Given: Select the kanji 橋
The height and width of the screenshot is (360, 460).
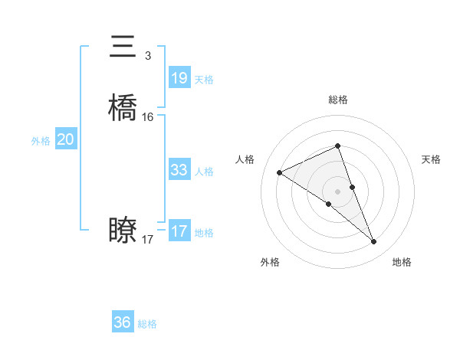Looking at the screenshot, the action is (x=123, y=108).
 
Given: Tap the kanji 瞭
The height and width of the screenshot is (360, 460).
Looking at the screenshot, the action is (x=123, y=230).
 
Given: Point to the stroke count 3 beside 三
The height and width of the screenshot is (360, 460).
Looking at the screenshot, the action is (x=147, y=56).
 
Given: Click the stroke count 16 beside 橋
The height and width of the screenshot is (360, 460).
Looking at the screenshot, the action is (x=148, y=117).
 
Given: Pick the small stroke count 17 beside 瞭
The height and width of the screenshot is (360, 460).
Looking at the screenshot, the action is (x=148, y=240).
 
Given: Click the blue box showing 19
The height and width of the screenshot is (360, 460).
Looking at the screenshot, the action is (x=179, y=78).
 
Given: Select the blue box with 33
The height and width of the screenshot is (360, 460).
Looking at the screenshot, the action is (x=179, y=170).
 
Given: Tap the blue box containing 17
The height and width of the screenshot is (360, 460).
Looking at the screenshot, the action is (x=179, y=231).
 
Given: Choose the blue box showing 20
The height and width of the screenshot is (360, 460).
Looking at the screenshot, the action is (x=65, y=139).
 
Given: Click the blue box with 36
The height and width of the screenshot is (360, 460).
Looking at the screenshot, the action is (x=123, y=322).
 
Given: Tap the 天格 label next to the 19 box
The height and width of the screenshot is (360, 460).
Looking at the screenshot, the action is (x=204, y=80).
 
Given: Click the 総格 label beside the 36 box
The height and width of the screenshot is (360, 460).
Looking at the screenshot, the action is (x=147, y=324).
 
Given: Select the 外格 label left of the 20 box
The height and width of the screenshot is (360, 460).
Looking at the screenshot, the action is (x=41, y=141).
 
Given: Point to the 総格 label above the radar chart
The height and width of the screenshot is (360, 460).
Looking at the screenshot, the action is (x=338, y=100).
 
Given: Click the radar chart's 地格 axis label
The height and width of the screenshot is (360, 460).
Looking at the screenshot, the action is (x=402, y=263).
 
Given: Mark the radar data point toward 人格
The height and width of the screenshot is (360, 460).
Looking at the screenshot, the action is (x=280, y=172).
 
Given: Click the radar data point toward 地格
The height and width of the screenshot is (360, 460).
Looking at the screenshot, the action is (x=374, y=242).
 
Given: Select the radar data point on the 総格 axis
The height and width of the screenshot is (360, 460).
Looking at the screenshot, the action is (x=338, y=146).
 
